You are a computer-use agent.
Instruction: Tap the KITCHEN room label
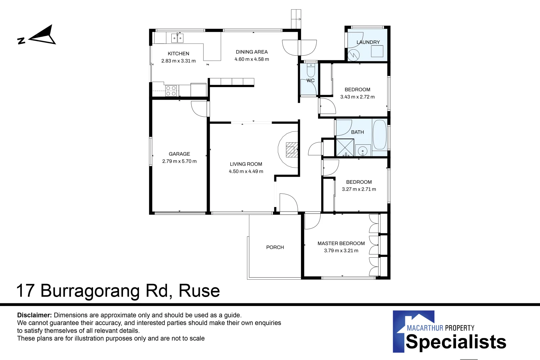click(178, 54)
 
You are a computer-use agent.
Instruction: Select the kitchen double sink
click(177, 38)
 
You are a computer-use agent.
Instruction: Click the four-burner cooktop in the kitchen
click(171, 91)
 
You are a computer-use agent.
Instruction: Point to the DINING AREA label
click(252, 52)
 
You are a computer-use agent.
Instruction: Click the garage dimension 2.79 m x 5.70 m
click(179, 161)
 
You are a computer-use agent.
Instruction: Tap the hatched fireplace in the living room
click(292, 150)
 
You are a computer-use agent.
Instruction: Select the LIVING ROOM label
click(246, 164)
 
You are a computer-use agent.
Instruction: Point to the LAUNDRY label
click(368, 42)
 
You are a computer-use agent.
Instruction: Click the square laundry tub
click(377, 51)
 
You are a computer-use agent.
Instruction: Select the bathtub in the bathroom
click(379, 135)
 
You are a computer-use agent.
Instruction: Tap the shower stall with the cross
click(345, 147)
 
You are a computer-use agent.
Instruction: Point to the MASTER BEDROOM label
click(341, 243)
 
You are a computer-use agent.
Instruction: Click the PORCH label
click(275, 247)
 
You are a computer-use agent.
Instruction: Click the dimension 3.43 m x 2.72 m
click(358, 97)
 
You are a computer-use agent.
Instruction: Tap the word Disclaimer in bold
click(34, 315)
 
